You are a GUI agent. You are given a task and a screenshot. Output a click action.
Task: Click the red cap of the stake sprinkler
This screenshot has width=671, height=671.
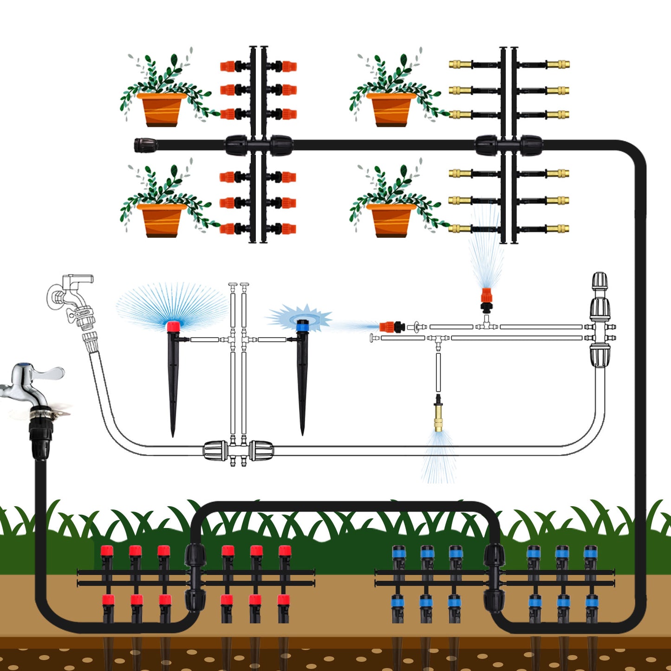(173, 326)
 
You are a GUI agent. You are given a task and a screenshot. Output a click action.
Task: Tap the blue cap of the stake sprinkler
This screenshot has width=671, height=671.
(303, 325)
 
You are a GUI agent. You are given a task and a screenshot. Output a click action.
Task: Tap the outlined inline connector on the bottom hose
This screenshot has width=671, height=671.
(238, 450)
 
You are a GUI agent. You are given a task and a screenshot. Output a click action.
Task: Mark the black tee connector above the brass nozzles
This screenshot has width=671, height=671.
(508, 145)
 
